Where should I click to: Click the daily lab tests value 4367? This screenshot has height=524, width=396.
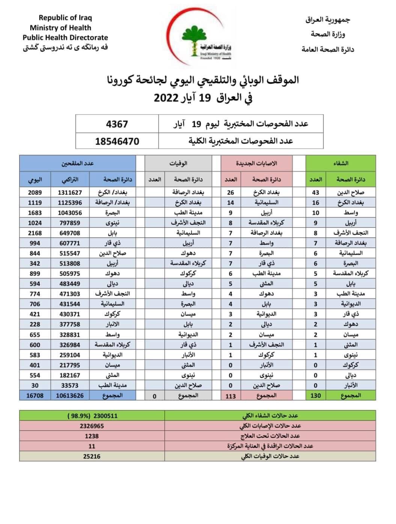(x=117, y=124)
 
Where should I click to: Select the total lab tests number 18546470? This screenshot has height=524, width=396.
(x=117, y=142)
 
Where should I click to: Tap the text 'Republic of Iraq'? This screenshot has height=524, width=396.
(x=65, y=18)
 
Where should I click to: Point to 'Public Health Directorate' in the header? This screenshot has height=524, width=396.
(x=65, y=38)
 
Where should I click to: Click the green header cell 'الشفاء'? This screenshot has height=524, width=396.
(x=340, y=163)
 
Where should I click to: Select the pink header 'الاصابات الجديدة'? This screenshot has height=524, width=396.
(x=256, y=163)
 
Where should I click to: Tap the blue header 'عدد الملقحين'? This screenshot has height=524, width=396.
(x=78, y=163)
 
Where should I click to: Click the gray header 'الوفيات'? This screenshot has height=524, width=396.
(x=178, y=163)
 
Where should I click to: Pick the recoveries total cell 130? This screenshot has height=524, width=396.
(x=316, y=395)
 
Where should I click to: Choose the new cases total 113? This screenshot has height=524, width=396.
(x=230, y=396)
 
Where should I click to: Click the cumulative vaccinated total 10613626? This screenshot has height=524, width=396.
(x=70, y=395)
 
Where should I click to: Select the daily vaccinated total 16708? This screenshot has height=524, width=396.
(x=35, y=395)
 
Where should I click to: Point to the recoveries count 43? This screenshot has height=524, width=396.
(x=316, y=192)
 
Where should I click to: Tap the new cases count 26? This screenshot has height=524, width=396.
(x=230, y=192)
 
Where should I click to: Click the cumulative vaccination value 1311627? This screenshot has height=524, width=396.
(x=70, y=192)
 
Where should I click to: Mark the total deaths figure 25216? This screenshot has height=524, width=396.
(x=92, y=456)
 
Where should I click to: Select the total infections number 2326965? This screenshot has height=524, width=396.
(x=92, y=426)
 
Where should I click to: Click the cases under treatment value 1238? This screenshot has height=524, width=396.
(x=92, y=436)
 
